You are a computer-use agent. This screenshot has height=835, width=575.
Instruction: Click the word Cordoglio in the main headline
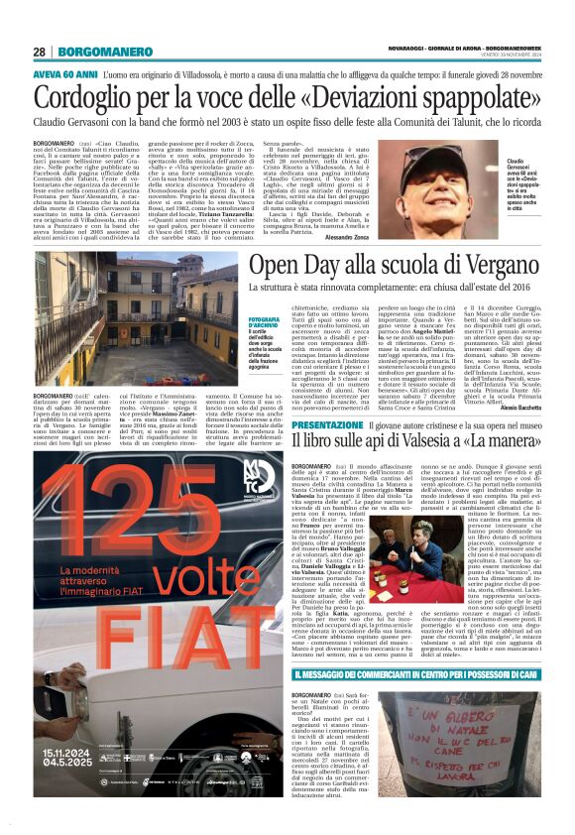[x=91, y=98]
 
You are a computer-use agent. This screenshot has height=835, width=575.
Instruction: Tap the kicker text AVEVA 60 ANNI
[x=64, y=74]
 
